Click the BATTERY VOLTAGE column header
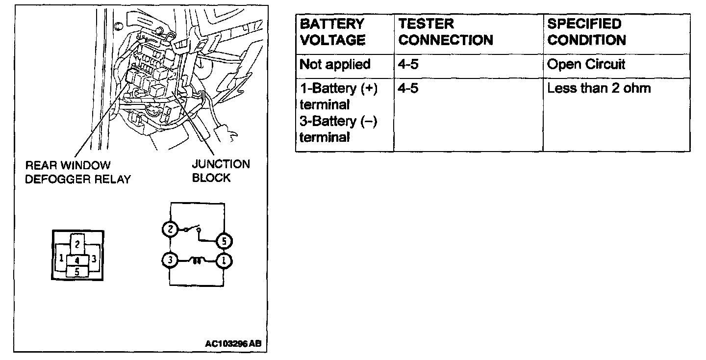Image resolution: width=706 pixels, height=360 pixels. (332, 32)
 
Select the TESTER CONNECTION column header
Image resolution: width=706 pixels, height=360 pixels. (445, 32)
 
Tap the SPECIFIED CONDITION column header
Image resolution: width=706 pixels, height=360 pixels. (586, 32)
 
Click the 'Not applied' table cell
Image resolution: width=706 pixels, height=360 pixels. (335, 65)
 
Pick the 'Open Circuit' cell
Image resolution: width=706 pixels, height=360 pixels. (586, 65)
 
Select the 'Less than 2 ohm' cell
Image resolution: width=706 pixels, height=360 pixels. (599, 89)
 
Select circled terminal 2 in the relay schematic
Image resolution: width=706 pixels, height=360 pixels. (170, 229)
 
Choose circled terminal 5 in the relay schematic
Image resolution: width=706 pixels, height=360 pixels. (224, 241)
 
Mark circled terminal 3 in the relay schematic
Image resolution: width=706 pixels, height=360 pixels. (170, 260)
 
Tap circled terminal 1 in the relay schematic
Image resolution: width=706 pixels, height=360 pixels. (224, 261)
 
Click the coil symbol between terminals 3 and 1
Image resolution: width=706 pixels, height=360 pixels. (197, 261)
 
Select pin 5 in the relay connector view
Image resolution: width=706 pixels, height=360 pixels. (77, 270)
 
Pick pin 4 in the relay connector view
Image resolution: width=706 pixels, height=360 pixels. (77, 260)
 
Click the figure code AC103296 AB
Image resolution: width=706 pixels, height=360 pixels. (232, 343)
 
